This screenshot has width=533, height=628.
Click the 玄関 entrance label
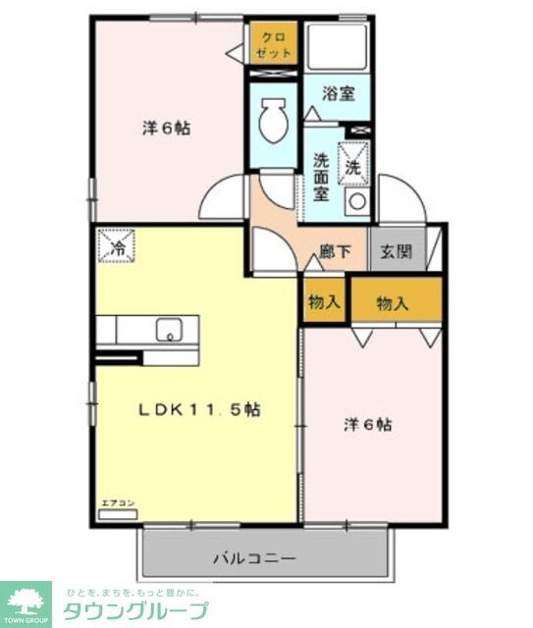398,250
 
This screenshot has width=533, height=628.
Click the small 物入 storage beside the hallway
323,302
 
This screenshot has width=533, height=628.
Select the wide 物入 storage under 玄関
393,303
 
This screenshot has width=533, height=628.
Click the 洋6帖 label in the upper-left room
165,128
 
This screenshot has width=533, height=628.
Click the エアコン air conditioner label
117,503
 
